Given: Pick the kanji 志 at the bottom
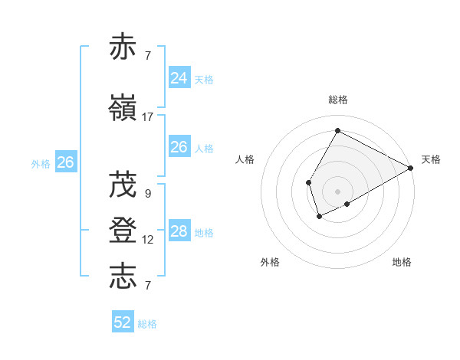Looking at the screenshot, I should click(123, 276).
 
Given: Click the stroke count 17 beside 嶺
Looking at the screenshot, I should click(148, 117).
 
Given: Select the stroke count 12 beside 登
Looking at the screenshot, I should click(148, 240).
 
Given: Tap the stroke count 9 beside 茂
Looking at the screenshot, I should click(148, 194).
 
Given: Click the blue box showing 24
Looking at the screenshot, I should click(179, 77).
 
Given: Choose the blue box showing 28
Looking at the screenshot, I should click(179, 231).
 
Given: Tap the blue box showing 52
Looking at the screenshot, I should click(123, 322).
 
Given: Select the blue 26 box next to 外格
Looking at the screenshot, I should click(65, 162).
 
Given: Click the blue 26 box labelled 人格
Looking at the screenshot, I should click(179, 147).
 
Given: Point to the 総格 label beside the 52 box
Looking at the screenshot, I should click(147, 324).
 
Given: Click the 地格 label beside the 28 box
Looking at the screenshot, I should click(204, 233).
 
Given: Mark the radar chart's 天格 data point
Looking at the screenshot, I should click(412, 169).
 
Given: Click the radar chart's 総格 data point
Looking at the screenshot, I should click(337, 130).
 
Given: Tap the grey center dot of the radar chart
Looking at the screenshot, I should click(337, 191).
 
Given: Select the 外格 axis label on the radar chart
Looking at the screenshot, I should click(270, 262).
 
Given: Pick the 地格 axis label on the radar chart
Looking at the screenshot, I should click(402, 262).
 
